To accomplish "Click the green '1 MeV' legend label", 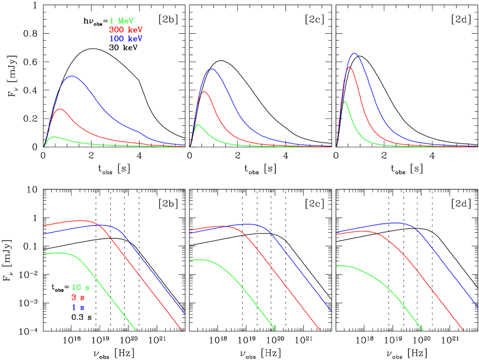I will pyautogui.click(x=122, y=21).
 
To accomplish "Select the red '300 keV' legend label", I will pyautogui.click(x=125, y=30).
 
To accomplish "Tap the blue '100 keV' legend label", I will pyautogui.click(x=125, y=39).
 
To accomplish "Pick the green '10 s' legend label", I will pyautogui.click(x=81, y=287).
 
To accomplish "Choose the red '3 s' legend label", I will pyautogui.click(x=78, y=297).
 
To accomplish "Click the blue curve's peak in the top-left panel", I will pyautogui.click(x=72, y=76).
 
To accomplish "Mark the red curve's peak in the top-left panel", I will pyautogui.click(x=60, y=109).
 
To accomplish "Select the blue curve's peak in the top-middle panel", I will pyautogui.click(x=211, y=68).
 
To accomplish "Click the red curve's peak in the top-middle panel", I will pyautogui.click(x=204, y=92).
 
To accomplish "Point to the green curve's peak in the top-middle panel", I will pyautogui.click(x=198, y=124).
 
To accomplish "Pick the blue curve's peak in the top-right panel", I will pyautogui.click(x=354, y=53).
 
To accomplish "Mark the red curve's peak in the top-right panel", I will pyautogui.click(x=349, y=67).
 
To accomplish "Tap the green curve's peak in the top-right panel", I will pyautogui.click(x=345, y=101).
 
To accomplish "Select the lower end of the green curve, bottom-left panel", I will pyautogui.click(x=136, y=330).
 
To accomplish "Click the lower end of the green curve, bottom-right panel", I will pyautogui.click(x=423, y=330).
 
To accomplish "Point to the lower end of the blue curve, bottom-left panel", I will pyautogui.click(x=185, y=314).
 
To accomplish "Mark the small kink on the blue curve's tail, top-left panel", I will pyautogui.click(x=140, y=132).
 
